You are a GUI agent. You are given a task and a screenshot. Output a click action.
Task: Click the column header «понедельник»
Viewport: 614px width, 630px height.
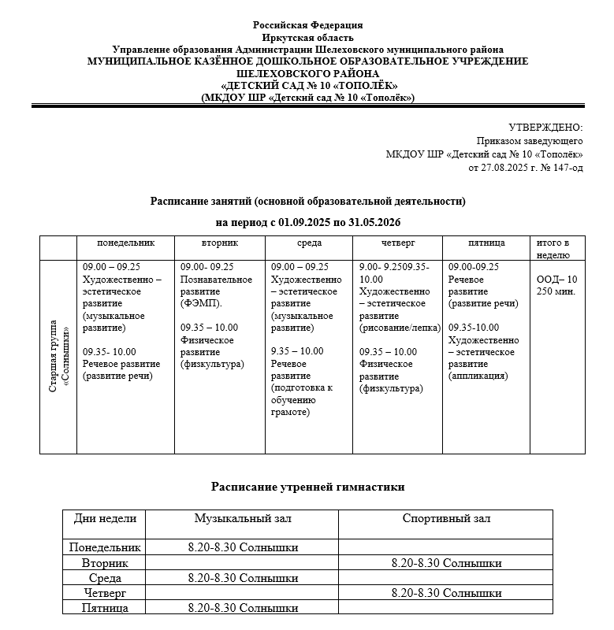pos(125,243)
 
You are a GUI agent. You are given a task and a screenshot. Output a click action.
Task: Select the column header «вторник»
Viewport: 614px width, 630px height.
pos(220,243)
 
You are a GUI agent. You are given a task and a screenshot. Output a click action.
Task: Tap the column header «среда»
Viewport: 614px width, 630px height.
pos(309,243)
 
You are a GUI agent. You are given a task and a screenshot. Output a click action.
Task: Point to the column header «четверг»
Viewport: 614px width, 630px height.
pos(398,243)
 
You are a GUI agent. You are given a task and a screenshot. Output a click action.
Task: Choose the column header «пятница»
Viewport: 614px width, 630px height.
pos(486,243)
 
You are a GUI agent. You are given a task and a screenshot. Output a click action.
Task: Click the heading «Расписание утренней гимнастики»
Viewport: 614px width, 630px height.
pos(308,487)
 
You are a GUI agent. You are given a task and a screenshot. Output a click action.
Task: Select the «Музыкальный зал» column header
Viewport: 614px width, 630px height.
pos(243,518)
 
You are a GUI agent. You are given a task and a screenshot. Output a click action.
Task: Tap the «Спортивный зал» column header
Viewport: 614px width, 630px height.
pos(446,518)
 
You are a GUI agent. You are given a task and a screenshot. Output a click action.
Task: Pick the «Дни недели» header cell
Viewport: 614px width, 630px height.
pos(105,518)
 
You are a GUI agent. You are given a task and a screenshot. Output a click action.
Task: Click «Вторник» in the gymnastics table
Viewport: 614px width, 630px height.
pos(105,563)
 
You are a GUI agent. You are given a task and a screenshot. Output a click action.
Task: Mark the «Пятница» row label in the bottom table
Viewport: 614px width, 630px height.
pos(105,608)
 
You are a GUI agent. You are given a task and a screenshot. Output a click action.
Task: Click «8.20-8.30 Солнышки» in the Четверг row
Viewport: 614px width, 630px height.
pos(446,593)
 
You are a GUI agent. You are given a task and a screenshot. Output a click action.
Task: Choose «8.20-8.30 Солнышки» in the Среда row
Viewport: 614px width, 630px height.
pos(243,578)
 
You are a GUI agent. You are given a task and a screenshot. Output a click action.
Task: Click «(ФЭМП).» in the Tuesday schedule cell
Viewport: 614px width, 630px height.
pos(202,303)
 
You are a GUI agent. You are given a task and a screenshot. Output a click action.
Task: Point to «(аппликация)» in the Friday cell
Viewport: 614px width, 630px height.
pos(478,376)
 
